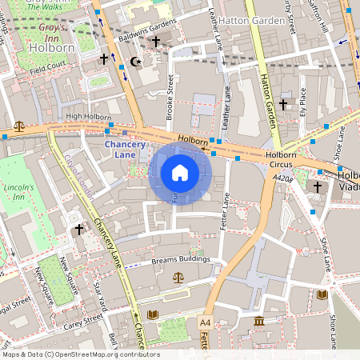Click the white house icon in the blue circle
pos(180,173)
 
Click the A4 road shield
pos(205,322)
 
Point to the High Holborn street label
pos(88,117)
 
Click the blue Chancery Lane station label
pos(126,149)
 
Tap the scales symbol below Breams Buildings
pos(178,277)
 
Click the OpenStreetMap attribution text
pos(80,354)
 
